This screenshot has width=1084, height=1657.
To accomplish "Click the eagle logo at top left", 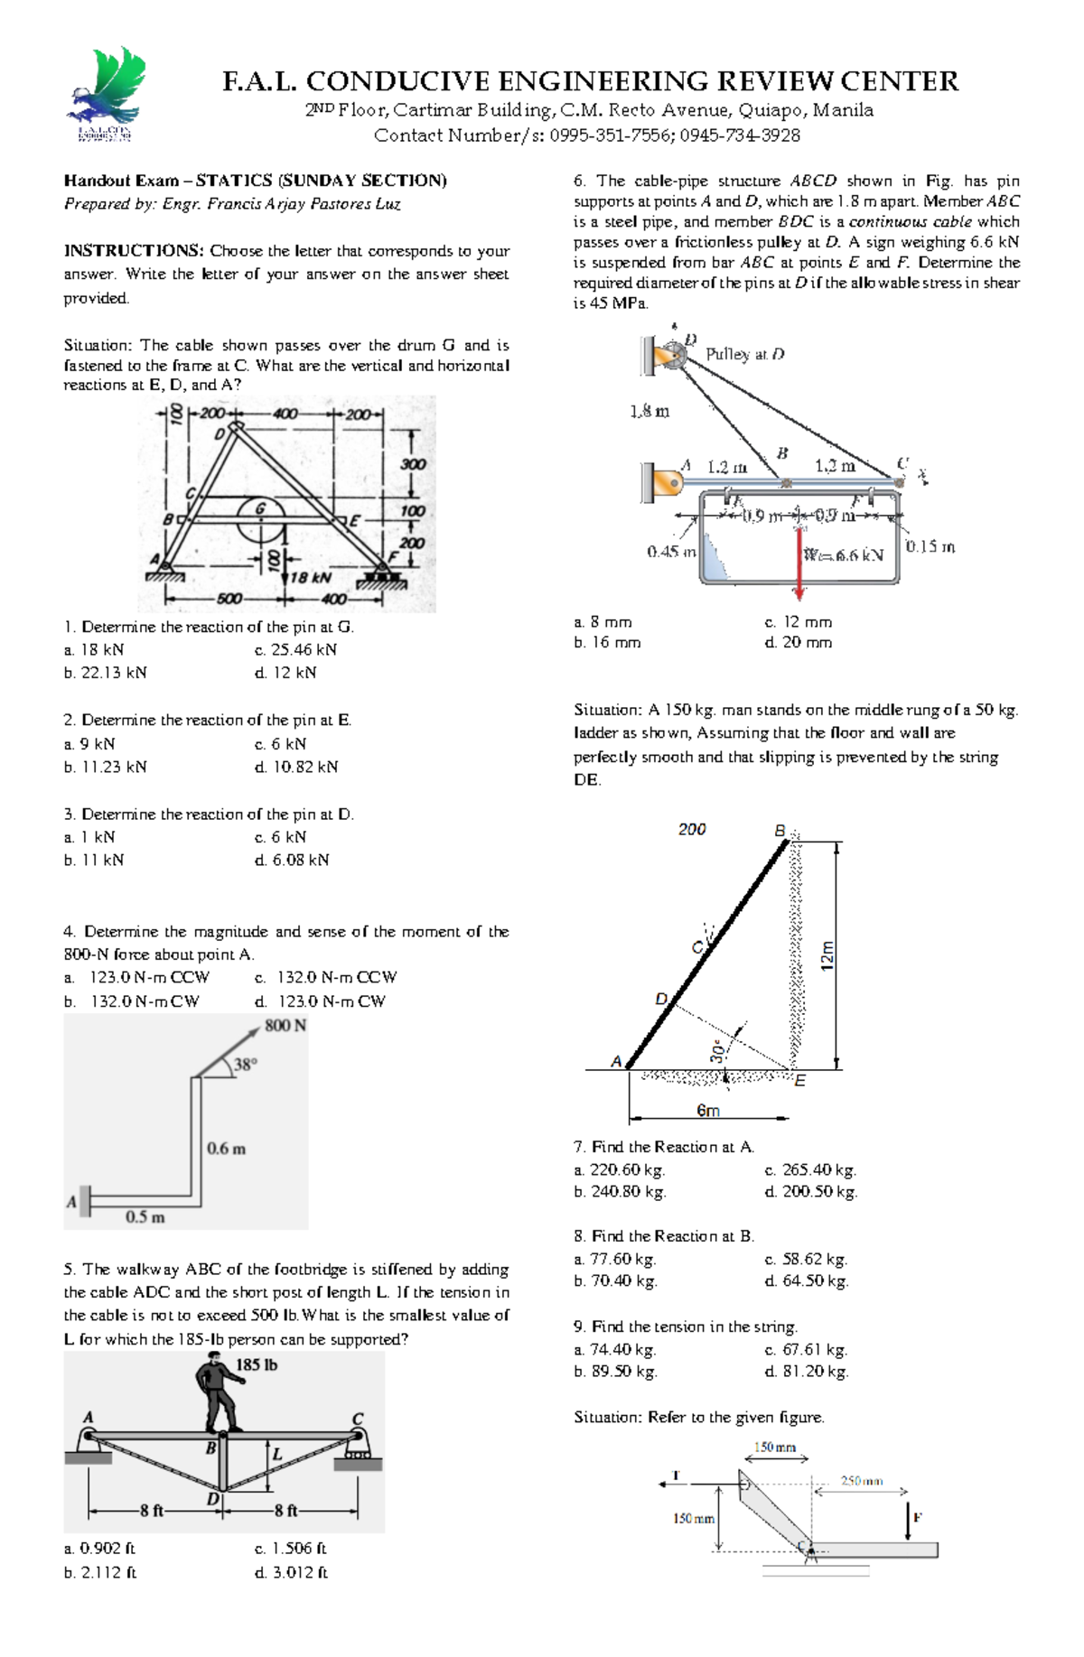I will coord(106,94).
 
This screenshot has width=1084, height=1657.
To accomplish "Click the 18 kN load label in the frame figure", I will coord(310,577).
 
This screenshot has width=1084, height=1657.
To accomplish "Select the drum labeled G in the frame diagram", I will coord(261,519).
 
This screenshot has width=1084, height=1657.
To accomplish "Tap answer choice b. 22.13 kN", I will coord(106,673).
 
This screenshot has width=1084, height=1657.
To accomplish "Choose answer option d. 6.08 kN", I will coord(292,861).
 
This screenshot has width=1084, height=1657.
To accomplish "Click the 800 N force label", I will coord(285,1026).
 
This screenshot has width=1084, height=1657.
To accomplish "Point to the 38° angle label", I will coord(246,1065).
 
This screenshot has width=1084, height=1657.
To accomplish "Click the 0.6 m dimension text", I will coord(226,1149).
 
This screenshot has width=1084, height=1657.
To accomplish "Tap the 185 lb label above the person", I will coord(257,1364).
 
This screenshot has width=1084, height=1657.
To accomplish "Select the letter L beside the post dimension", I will coord(278,1455).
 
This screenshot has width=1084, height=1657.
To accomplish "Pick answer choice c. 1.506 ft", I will coord(291,1549).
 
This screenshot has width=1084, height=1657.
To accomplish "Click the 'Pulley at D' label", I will coord(744,354).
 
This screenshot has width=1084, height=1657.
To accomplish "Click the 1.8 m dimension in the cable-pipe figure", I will coord(649,412).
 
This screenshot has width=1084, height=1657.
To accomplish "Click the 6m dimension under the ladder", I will coord(708,1111).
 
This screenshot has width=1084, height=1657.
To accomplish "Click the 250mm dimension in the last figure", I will coord(862,1481).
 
